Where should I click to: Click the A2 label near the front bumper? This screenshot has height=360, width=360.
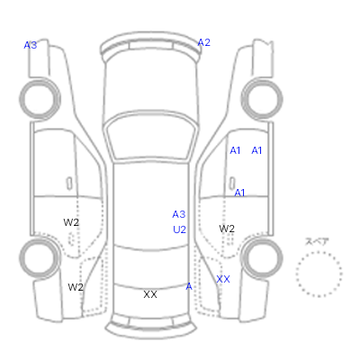pyautogui.click(x=204, y=42)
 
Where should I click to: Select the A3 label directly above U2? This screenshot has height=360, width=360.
pyautogui.click(x=179, y=214)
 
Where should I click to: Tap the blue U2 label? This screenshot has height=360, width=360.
pyautogui.click(x=179, y=229)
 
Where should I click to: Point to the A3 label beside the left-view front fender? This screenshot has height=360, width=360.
pyautogui.click(x=31, y=45)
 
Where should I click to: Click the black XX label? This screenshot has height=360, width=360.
pyautogui.click(x=150, y=294)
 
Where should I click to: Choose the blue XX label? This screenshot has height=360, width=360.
pyautogui.click(x=223, y=279)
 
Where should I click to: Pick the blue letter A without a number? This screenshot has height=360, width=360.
pyautogui.click(x=189, y=287)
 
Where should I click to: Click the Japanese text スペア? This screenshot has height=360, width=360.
pyautogui.click(x=317, y=241)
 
